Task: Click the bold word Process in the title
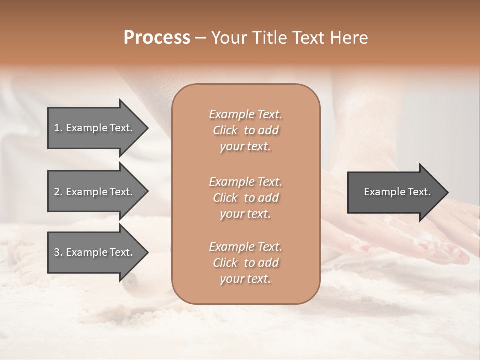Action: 157,38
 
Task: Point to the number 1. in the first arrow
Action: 58,128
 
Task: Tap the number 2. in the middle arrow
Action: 58,192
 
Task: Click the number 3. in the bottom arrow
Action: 58,252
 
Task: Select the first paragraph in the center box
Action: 245,130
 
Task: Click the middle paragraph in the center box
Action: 245,197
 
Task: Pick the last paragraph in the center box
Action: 245,263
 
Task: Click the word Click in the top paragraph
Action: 225,130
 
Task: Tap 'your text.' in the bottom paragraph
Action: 245,279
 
